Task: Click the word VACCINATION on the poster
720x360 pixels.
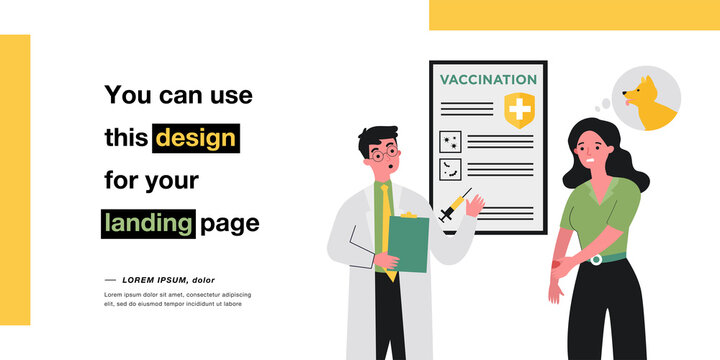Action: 488,79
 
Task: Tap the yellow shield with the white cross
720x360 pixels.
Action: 518,109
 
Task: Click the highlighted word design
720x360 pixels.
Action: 195,137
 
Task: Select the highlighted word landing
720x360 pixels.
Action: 147,223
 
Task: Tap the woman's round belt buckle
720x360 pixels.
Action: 596,259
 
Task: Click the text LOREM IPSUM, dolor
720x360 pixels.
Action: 168,280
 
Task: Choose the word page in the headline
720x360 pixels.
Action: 230,223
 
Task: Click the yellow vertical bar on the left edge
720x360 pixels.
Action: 15,180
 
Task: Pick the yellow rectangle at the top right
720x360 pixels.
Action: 574,14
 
